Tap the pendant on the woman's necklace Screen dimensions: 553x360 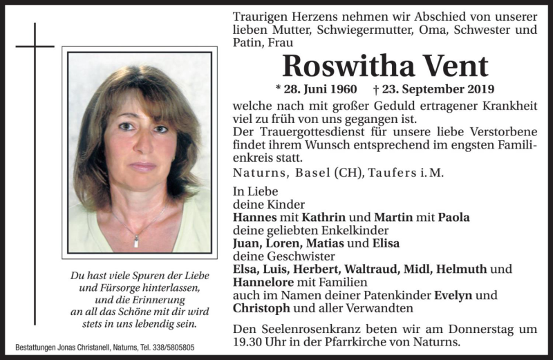[136, 241]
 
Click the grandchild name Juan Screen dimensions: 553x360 [248, 243]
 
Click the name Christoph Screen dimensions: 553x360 [260, 308]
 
